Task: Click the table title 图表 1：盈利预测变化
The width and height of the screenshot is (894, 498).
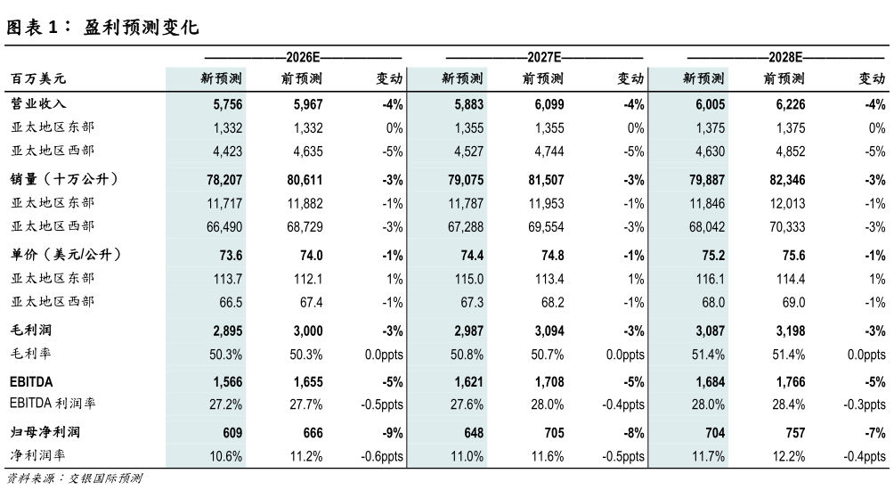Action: point(102,27)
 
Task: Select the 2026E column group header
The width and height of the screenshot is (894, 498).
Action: point(303,57)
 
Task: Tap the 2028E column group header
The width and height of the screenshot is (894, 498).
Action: point(785,57)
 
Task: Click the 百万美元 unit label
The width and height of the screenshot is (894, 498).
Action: point(38,78)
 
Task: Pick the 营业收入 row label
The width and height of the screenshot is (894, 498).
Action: point(38,104)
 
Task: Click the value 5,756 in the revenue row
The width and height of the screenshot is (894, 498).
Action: point(227,104)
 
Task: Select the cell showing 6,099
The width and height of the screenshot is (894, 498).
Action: point(549,104)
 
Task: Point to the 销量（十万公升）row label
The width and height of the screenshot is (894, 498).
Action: point(64,179)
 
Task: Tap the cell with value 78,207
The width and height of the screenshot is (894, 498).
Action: point(224,180)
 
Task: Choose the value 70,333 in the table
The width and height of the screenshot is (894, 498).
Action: point(787,226)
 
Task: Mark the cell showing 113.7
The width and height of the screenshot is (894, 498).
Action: point(227,279)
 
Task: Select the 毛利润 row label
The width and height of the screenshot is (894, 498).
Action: point(31,330)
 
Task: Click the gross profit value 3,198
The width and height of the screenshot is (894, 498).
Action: point(791,331)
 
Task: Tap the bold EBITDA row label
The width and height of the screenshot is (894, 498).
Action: point(31,381)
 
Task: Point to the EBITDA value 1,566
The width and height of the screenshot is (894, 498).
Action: point(227,381)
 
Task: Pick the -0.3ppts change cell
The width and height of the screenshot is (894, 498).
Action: point(865,404)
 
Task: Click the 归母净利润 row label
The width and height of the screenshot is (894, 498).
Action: point(45,432)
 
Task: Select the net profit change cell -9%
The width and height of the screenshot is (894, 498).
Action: point(393,433)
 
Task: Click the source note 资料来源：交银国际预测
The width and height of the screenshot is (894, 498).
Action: point(74,478)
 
